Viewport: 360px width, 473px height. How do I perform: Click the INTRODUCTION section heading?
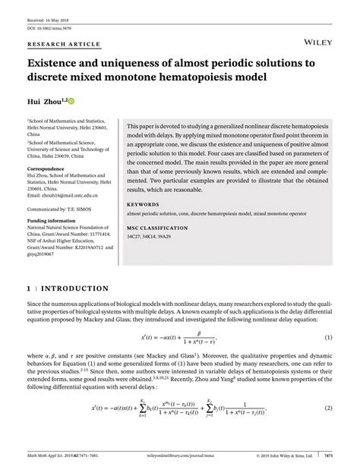tap(72, 289)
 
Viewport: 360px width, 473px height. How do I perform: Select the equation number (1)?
tap(329, 337)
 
